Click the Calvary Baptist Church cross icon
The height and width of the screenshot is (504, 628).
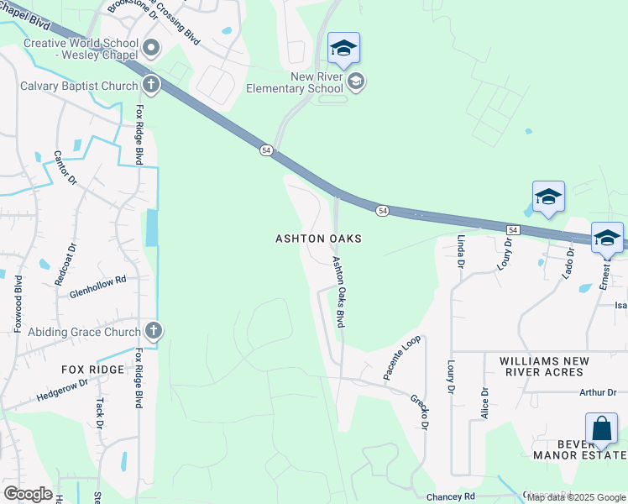[151, 84]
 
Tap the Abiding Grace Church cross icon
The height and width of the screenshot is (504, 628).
[152, 331]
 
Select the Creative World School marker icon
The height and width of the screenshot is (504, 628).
[151, 49]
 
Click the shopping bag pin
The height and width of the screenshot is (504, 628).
[602, 430]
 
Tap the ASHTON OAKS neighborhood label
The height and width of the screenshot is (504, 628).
[319, 239]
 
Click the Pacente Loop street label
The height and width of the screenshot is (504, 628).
[402, 359]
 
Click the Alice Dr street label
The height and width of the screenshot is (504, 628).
[484, 403]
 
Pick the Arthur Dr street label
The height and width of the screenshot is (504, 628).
[598, 392]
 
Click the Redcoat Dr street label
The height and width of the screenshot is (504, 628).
[65, 265]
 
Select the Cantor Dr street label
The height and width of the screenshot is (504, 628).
[65, 168]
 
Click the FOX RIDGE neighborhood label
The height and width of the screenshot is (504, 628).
[92, 370]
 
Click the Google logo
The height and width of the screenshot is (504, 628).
[28, 494]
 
